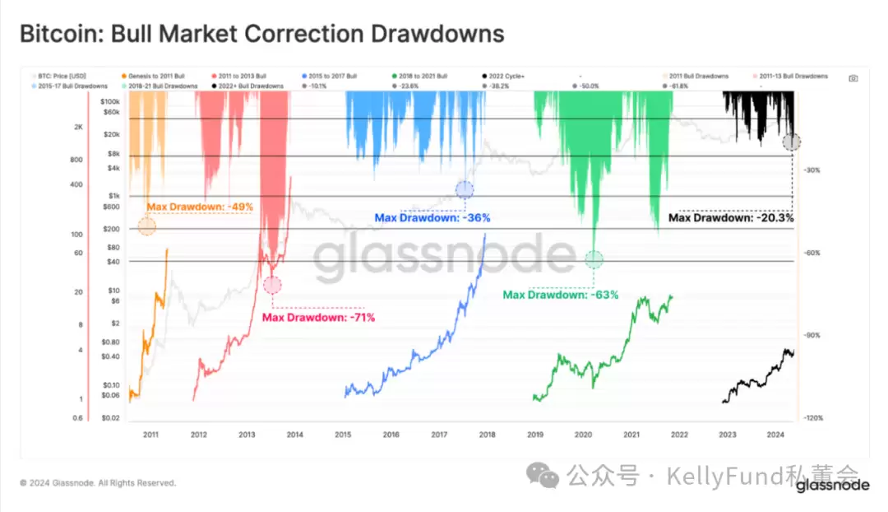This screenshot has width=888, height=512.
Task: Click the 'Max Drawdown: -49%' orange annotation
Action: pos(199,207)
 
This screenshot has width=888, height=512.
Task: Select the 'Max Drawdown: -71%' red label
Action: pos(318,317)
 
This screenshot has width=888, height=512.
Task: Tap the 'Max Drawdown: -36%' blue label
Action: pos(432,218)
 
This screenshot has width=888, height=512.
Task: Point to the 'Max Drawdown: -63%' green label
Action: pos(560,295)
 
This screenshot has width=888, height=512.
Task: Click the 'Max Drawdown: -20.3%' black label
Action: pos(731,218)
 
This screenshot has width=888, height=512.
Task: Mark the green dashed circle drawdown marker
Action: pos(594,260)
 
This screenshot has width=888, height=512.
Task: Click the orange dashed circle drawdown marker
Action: pos(147,226)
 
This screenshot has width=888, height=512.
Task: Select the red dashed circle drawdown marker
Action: pos(273,286)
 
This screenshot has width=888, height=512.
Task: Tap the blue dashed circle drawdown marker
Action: pos(465,190)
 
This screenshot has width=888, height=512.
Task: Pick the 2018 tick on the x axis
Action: pos(486,434)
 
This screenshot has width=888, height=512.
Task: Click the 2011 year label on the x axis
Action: pos(150,434)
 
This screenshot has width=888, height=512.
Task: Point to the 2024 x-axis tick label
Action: pos(775,434)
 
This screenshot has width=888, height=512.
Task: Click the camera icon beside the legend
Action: pos(853,77)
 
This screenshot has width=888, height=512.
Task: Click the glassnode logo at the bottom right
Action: pos(832,486)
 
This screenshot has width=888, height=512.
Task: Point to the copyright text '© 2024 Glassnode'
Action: pos(98,483)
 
